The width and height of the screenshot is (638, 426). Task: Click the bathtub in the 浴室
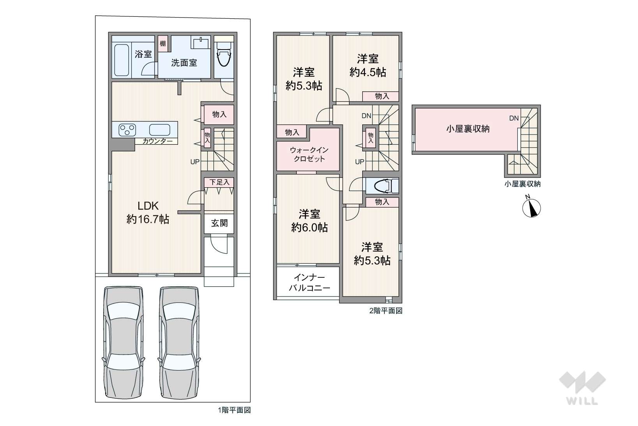(122, 60)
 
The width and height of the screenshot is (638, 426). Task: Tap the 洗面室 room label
(184, 63)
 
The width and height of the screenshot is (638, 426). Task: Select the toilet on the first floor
(224, 54)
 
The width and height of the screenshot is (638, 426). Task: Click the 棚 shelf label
(163, 43)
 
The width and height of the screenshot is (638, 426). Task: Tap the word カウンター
(157, 141)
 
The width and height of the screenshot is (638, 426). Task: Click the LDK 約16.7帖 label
(148, 213)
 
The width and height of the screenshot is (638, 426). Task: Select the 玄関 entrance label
(219, 223)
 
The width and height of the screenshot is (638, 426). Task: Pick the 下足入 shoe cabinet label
(219, 182)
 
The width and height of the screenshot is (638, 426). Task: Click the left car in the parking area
(123, 343)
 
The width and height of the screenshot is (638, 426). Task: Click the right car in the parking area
(180, 343)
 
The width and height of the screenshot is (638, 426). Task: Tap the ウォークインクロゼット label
(309, 154)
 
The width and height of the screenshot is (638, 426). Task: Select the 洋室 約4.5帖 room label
(368, 66)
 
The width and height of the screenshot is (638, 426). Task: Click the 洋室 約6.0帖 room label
(309, 221)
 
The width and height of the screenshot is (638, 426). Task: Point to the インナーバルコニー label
(309, 282)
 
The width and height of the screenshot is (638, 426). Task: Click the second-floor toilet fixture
(382, 186)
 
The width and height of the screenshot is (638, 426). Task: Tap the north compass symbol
(531, 207)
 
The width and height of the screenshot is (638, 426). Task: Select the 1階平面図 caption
(234, 410)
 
